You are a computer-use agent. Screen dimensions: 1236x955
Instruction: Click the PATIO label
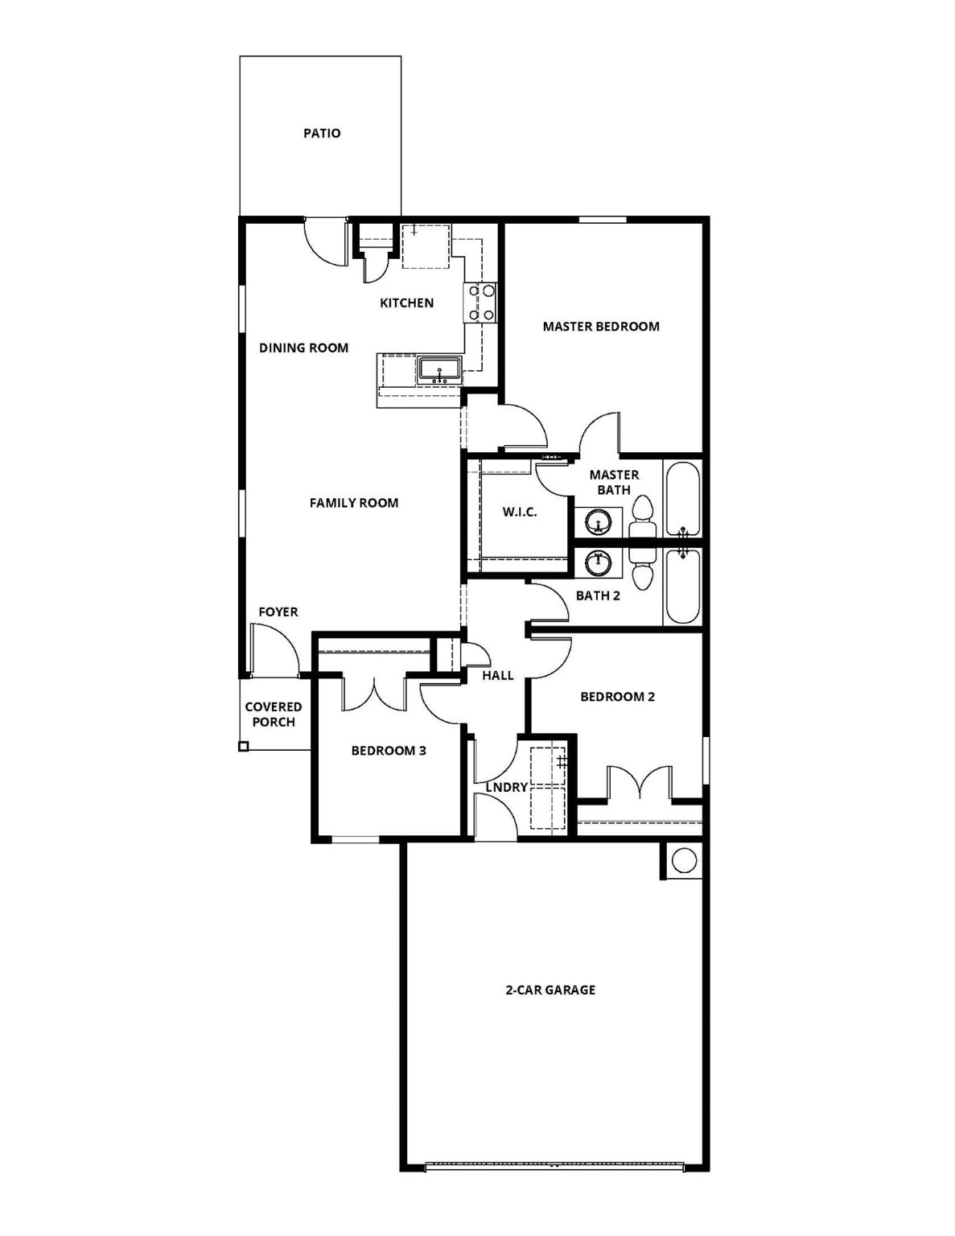(x=322, y=134)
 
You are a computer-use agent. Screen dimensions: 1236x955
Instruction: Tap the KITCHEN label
(x=406, y=303)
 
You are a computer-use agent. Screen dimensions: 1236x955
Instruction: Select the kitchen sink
(x=438, y=370)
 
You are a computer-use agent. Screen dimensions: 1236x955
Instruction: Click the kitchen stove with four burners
(x=480, y=303)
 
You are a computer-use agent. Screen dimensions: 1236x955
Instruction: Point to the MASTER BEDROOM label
(x=601, y=327)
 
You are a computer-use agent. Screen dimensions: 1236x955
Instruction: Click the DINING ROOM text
(x=303, y=348)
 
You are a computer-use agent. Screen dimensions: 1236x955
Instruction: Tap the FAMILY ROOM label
(x=354, y=503)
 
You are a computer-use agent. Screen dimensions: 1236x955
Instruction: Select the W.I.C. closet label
(x=520, y=512)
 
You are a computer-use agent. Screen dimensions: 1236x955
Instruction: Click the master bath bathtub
(x=682, y=498)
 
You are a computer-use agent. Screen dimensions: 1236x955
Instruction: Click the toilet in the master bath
(x=642, y=516)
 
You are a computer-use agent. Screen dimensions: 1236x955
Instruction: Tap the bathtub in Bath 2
(x=682, y=585)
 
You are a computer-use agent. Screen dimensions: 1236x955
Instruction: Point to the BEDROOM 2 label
(x=617, y=697)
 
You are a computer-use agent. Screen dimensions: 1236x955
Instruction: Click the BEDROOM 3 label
(x=389, y=751)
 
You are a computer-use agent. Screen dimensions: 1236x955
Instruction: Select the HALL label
(x=498, y=676)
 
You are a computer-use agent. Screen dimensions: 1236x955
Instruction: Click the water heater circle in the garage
(x=683, y=860)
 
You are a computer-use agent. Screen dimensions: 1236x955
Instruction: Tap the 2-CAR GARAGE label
(x=550, y=991)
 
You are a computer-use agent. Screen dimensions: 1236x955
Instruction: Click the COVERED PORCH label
(x=274, y=715)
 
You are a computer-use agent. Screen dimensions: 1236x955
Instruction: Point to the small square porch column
(x=243, y=747)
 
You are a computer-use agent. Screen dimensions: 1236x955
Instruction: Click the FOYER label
(x=278, y=612)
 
